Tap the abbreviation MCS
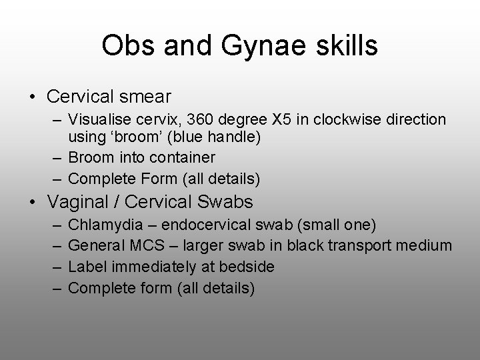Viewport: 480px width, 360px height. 147,246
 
